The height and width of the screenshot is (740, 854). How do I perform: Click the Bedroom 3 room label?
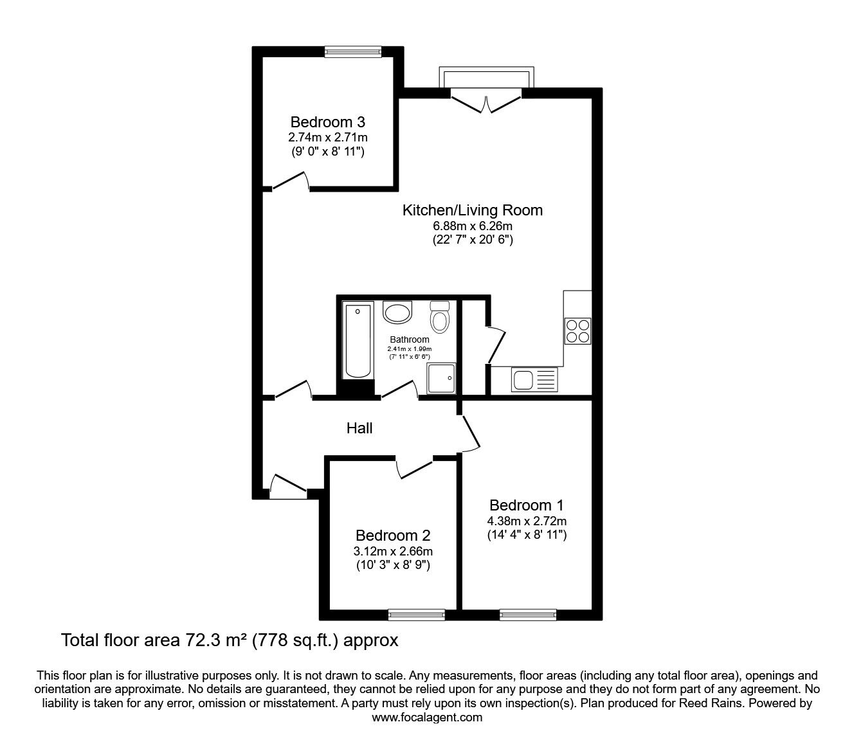(327, 122)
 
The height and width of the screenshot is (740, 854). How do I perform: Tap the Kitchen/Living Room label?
(472, 210)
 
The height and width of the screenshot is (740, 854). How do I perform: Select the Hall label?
(359, 428)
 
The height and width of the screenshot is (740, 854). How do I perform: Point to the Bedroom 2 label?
(393, 536)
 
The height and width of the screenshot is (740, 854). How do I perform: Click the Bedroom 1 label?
(527, 505)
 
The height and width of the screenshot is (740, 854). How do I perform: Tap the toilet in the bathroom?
(440, 317)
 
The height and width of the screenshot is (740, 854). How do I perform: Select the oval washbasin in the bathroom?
(397, 312)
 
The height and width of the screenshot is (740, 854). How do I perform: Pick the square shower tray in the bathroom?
(441, 378)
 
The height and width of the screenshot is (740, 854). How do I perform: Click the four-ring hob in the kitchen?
(577, 331)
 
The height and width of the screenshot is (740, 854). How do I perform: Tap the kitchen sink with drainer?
(534, 379)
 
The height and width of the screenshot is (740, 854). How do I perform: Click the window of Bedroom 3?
(353, 51)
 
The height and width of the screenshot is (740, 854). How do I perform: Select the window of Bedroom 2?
(417, 615)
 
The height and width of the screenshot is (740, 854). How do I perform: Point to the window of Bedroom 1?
(527, 615)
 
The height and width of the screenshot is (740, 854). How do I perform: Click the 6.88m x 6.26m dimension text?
(472, 226)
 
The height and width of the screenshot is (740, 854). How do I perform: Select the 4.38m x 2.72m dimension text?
(527, 521)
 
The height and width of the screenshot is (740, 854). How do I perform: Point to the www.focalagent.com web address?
(427, 717)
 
